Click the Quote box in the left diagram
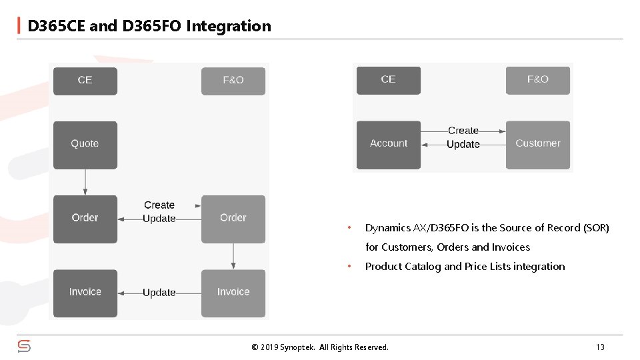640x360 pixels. point(85,144)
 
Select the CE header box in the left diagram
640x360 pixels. point(85,81)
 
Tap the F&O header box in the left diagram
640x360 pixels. point(233,81)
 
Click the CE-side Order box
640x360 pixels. point(85,219)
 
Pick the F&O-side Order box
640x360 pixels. point(233,219)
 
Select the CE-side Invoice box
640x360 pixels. point(85,293)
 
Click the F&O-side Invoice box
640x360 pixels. point(233,293)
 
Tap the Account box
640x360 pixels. point(388,144)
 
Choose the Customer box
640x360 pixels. point(537,144)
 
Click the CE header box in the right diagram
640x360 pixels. point(388,80)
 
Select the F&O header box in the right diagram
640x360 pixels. point(537,80)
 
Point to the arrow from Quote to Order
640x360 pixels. point(85,181)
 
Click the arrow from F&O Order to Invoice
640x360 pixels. point(233,256)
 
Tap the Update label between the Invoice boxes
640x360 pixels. point(159,293)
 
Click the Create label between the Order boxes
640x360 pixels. point(159,205)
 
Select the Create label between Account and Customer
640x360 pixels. point(463,131)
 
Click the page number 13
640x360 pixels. point(600,347)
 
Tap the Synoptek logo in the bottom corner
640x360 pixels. point(24,346)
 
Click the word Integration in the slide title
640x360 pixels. point(229,26)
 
